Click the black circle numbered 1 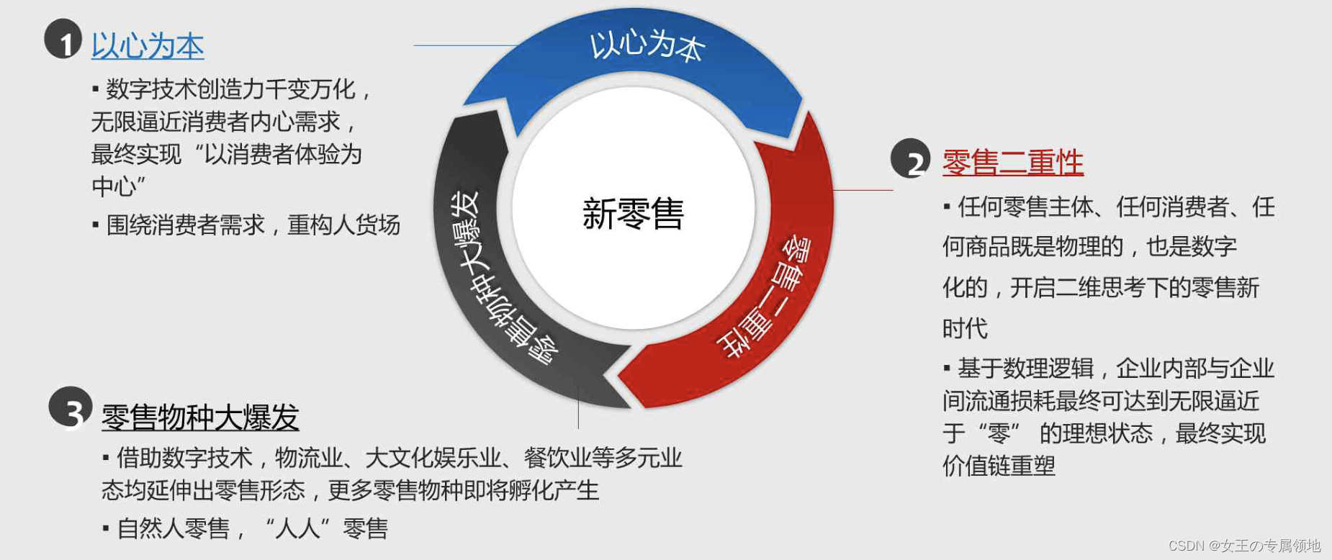pyautogui.click(x=63, y=39)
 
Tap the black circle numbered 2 pyautogui.click(x=911, y=158)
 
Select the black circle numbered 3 pyautogui.click(x=71, y=407)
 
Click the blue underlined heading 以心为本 pyautogui.click(x=148, y=46)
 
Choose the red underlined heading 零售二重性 pyautogui.click(x=1012, y=163)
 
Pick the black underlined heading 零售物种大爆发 pyautogui.click(x=200, y=417)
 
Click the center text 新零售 pyautogui.click(x=633, y=214)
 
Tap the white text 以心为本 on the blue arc pyautogui.click(x=647, y=45)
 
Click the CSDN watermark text pyautogui.click(x=1244, y=546)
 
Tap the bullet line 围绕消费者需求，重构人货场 pyautogui.click(x=252, y=225)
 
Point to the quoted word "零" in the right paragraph pyautogui.click(x=999, y=433)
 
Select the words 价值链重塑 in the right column pyautogui.click(x=999, y=466)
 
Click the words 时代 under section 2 pyautogui.click(x=965, y=329)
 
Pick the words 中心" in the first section pyautogui.click(x=119, y=186)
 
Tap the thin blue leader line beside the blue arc pyautogui.click(x=464, y=45)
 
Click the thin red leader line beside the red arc pyautogui.click(x=863, y=190)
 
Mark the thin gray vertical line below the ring pyautogui.click(x=578, y=407)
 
